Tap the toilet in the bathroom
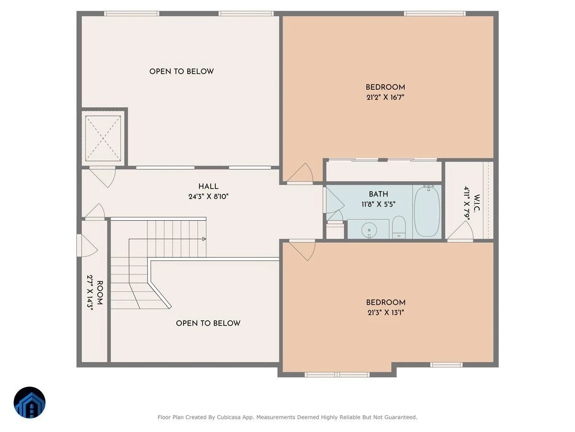(x=399, y=228)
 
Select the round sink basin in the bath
(x=369, y=230)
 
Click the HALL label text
(x=208, y=187)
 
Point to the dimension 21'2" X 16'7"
(x=385, y=97)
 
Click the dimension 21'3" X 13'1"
(x=386, y=312)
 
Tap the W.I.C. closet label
(x=477, y=203)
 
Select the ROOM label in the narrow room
(x=100, y=293)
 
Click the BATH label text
(x=378, y=194)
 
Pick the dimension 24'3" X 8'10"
(x=208, y=196)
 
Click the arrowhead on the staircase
(x=204, y=239)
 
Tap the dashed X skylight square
(x=103, y=138)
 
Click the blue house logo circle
(x=30, y=402)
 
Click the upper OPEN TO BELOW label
(x=182, y=72)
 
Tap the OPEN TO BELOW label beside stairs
(x=208, y=323)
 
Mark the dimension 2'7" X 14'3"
(x=90, y=292)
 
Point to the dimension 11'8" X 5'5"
(x=378, y=204)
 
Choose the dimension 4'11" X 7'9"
(x=467, y=203)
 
